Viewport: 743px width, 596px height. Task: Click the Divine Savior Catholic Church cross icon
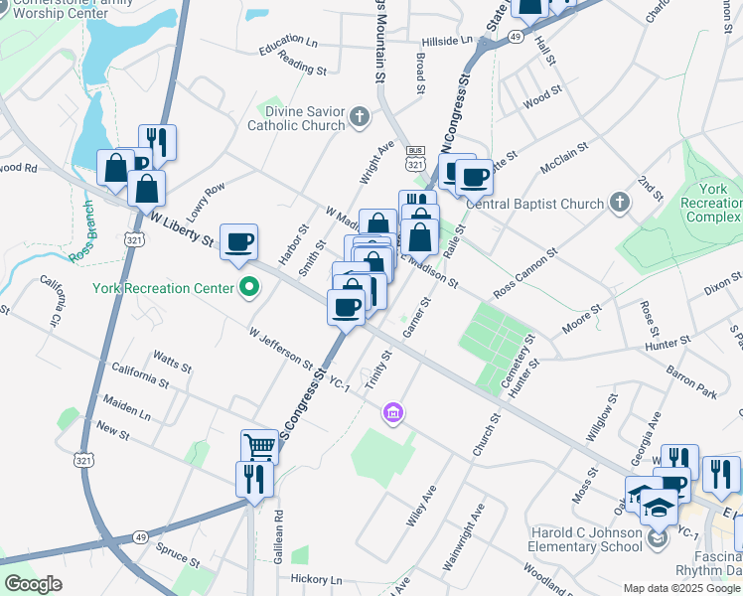pyautogui.click(x=360, y=118)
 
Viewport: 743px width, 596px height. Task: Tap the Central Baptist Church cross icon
pyautogui.click(x=619, y=204)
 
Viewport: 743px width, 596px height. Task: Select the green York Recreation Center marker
pyautogui.click(x=249, y=289)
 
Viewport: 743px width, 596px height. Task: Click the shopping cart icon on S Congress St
pyautogui.click(x=259, y=446)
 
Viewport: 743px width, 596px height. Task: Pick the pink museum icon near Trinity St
pyautogui.click(x=392, y=412)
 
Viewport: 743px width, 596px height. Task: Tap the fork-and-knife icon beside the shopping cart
pyautogui.click(x=254, y=479)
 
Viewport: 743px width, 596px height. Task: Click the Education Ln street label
pyautogui.click(x=288, y=41)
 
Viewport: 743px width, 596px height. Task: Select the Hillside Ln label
pyautogui.click(x=448, y=41)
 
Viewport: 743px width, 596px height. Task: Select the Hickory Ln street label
pyautogui.click(x=316, y=579)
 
